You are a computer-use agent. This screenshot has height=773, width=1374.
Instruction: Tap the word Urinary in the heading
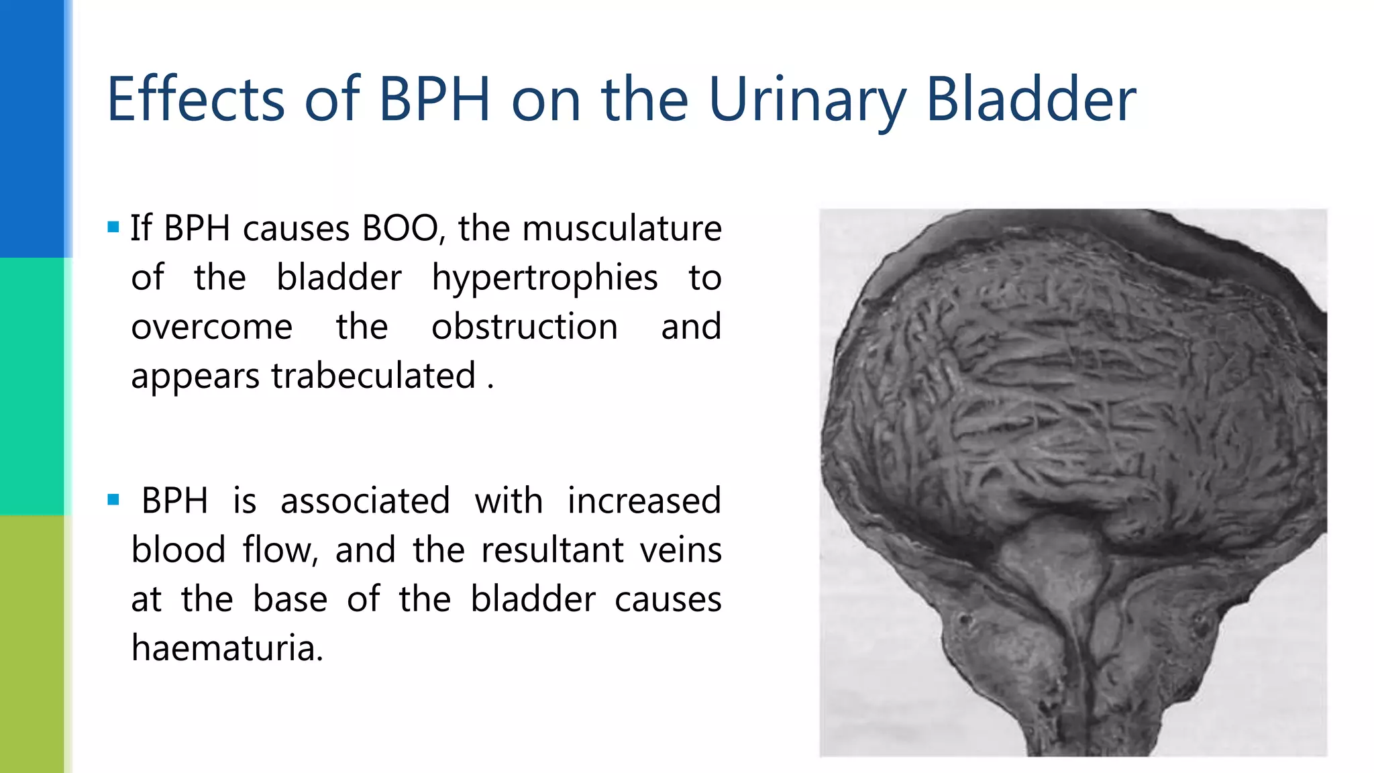coord(806,99)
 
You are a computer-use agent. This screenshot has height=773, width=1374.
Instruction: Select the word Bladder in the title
coord(1030,99)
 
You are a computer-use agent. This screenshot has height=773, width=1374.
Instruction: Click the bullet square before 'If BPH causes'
coord(113,227)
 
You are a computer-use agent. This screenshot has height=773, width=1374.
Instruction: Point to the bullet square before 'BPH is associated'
coord(113,500)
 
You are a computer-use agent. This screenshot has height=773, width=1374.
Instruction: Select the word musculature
coord(622,228)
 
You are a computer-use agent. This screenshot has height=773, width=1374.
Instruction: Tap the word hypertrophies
coord(544,277)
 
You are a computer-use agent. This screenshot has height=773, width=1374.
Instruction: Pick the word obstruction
coord(524,327)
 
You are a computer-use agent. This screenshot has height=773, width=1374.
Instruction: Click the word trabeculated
coord(374,376)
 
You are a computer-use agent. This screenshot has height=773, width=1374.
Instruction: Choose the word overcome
coord(211,327)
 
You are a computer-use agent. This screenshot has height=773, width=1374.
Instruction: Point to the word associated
coord(365,501)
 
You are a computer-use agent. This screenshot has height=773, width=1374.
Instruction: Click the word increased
coord(644,501)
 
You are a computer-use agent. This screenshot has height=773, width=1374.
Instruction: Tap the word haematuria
coord(227,648)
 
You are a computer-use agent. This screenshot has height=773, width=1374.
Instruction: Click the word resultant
coord(552,550)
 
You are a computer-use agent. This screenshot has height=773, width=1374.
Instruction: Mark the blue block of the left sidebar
coord(32,127)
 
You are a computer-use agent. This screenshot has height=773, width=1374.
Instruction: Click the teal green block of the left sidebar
coord(32,386)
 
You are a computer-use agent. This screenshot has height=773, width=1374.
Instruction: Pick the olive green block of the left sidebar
coord(32,644)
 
